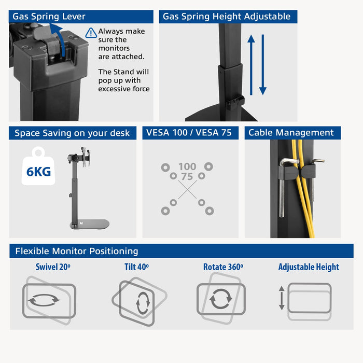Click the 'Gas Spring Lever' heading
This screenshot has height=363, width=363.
(x=49, y=17)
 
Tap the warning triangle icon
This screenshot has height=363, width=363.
(x=91, y=33)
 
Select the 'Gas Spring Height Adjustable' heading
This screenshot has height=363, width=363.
(x=227, y=17)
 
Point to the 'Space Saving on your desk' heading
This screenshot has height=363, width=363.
(x=72, y=133)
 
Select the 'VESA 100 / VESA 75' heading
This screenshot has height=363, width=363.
(x=189, y=133)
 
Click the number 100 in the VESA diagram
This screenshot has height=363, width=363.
(x=187, y=166)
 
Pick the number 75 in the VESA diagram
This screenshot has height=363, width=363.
(x=187, y=177)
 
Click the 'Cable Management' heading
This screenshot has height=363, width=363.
(x=291, y=133)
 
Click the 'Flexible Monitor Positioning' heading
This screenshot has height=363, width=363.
(x=77, y=251)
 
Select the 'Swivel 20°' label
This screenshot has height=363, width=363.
(x=53, y=267)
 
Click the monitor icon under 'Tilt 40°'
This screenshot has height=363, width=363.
(x=139, y=300)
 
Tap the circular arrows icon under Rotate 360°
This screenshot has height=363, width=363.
(x=221, y=300)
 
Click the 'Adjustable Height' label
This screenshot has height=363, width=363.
(x=309, y=267)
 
